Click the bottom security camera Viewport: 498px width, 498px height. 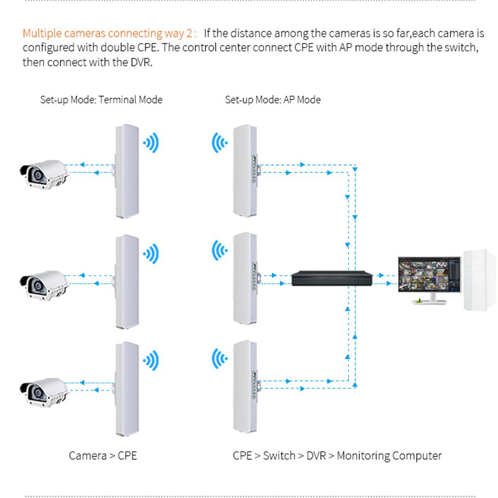pyautogui.click(x=44, y=391)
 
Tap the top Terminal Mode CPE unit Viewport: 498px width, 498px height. pyautogui.click(x=127, y=170)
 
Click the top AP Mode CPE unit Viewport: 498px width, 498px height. pyautogui.click(x=245, y=170)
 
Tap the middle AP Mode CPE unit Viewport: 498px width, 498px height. pyautogui.click(x=245, y=279)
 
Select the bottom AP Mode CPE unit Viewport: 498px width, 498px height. pyautogui.click(x=245, y=387)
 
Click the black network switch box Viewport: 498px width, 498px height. pyautogui.click(x=332, y=278)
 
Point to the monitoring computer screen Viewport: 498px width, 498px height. pyautogui.click(x=429, y=275)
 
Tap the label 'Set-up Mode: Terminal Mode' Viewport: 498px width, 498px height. pyautogui.click(x=101, y=100)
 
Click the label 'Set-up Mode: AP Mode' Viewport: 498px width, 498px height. pyautogui.click(x=272, y=100)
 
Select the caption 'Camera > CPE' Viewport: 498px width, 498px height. pyautogui.click(x=103, y=456)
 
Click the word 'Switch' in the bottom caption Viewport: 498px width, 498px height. pyautogui.click(x=279, y=456)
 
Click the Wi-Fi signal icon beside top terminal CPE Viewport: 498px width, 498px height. pyautogui.click(x=151, y=143)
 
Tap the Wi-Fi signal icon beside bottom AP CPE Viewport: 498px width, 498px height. pyautogui.click(x=219, y=360)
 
